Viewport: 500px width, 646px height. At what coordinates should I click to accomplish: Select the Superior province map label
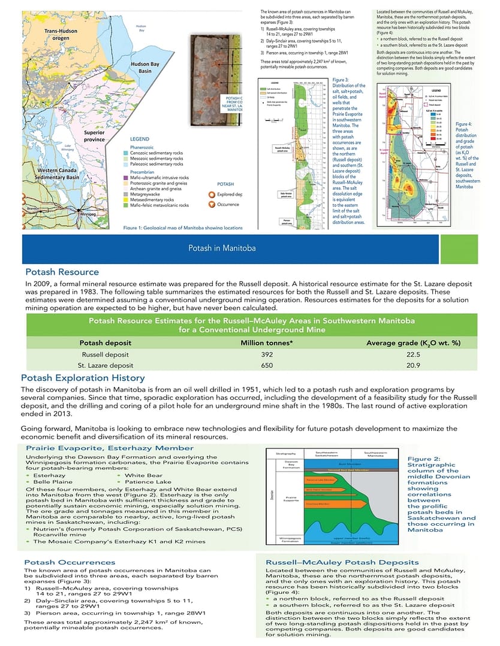(95, 135)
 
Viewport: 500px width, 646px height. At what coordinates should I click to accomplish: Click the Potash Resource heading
(62, 272)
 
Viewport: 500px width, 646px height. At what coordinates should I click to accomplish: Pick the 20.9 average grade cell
(413, 365)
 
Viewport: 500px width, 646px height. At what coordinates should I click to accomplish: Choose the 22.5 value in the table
(413, 354)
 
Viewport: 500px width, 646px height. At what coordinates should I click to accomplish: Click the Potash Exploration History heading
(83, 378)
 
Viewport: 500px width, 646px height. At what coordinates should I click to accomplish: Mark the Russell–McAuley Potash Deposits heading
(342, 562)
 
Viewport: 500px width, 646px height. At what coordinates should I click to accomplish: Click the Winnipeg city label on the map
(88, 213)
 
